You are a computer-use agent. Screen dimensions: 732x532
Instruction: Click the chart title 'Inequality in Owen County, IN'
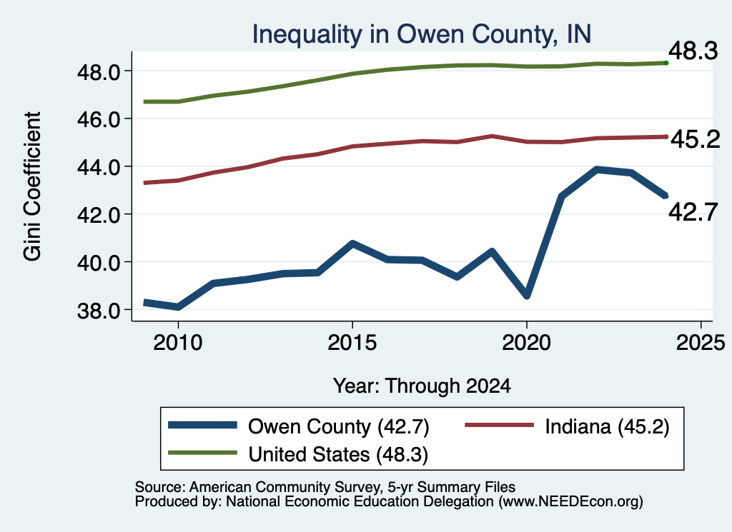(x=422, y=34)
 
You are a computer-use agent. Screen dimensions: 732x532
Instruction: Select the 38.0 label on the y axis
(x=99, y=311)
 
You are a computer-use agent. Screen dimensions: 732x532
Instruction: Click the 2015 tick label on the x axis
(x=352, y=343)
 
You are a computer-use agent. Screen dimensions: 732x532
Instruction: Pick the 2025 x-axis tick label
(x=701, y=343)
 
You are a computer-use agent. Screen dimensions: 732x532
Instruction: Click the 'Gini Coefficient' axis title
(x=32, y=186)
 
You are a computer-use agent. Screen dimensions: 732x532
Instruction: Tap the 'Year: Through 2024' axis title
(x=422, y=386)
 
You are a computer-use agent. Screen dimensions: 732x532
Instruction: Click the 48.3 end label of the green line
(x=693, y=51)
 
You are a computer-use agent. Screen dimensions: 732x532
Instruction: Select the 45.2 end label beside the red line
(x=695, y=139)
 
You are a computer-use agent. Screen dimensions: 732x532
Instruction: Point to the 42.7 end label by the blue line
(x=693, y=212)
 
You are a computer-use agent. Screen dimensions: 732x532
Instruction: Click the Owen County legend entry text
(x=338, y=426)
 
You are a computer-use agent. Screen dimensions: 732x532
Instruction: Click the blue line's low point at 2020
(x=527, y=296)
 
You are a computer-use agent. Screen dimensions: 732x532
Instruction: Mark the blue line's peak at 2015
(x=352, y=244)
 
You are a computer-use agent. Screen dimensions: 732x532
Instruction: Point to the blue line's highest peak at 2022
(x=596, y=170)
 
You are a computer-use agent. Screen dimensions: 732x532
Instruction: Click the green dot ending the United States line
(x=666, y=63)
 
